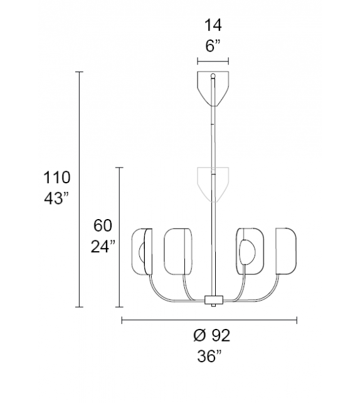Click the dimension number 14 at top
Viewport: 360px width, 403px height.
pos(213,26)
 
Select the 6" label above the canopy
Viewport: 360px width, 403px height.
pos(213,46)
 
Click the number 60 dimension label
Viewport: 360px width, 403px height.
pos(103,224)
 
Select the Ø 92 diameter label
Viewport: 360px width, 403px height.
pos(208,336)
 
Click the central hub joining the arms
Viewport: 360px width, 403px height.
pos(213,300)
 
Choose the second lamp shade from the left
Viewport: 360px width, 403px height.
pos(177,251)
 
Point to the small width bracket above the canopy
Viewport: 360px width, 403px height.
pos(213,62)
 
